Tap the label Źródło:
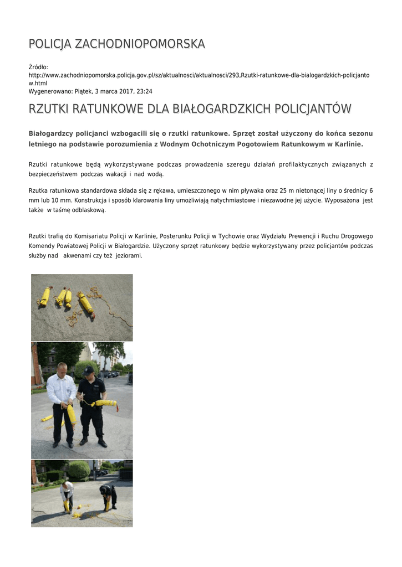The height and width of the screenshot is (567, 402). coord(38,67)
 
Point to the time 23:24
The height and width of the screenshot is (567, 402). coord(144,91)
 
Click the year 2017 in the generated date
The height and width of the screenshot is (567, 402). coord(124,91)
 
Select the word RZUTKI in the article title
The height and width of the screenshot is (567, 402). coord(48,109)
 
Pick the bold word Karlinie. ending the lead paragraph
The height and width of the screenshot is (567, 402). coord(346,144)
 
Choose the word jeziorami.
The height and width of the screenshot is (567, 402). coord(129,256)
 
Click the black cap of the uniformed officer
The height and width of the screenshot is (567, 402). coord(89,370)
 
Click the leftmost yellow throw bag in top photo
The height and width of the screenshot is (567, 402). coord(44,297)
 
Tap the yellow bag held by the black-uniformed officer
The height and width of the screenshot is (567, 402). coord(106,403)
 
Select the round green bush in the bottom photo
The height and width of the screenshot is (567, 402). coord(79,470)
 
